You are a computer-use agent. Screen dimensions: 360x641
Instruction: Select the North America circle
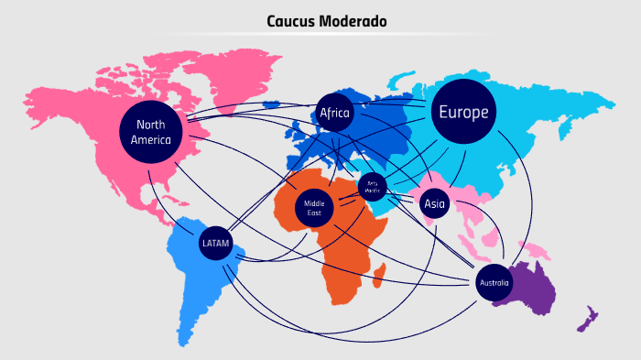tap(151, 132)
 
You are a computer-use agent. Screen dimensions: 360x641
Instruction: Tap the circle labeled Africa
tap(335, 113)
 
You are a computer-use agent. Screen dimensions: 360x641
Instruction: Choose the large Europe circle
tap(463, 112)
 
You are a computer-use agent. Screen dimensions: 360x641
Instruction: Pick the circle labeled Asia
tap(434, 204)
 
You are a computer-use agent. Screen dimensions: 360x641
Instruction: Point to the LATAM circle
tap(215, 243)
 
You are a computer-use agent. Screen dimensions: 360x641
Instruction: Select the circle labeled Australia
tap(495, 283)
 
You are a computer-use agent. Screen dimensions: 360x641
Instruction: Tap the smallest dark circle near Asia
tap(373, 187)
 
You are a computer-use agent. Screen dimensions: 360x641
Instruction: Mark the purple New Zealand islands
tap(586, 320)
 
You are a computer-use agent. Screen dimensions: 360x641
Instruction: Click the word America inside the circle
tap(151, 140)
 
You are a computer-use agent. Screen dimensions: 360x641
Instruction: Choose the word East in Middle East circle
tap(314, 213)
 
